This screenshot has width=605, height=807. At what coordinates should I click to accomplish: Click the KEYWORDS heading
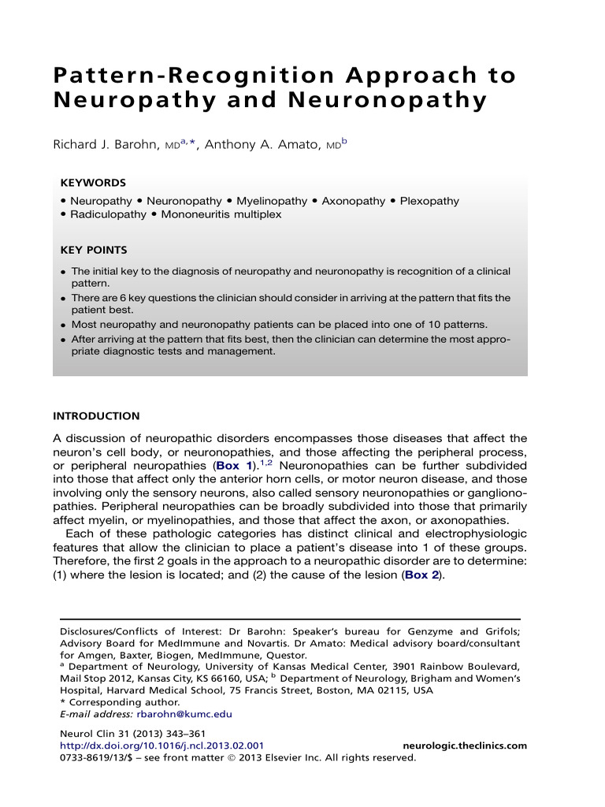[x=93, y=182]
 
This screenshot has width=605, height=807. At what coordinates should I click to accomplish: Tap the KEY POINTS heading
[x=94, y=251]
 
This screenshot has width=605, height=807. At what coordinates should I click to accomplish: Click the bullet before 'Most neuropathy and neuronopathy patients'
[x=63, y=325]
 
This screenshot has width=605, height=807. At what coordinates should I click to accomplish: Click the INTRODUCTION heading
[x=96, y=416]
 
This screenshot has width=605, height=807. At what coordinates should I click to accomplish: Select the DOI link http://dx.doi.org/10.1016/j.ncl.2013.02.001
[x=161, y=746]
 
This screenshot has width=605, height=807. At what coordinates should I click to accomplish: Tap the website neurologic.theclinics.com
[x=465, y=746]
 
